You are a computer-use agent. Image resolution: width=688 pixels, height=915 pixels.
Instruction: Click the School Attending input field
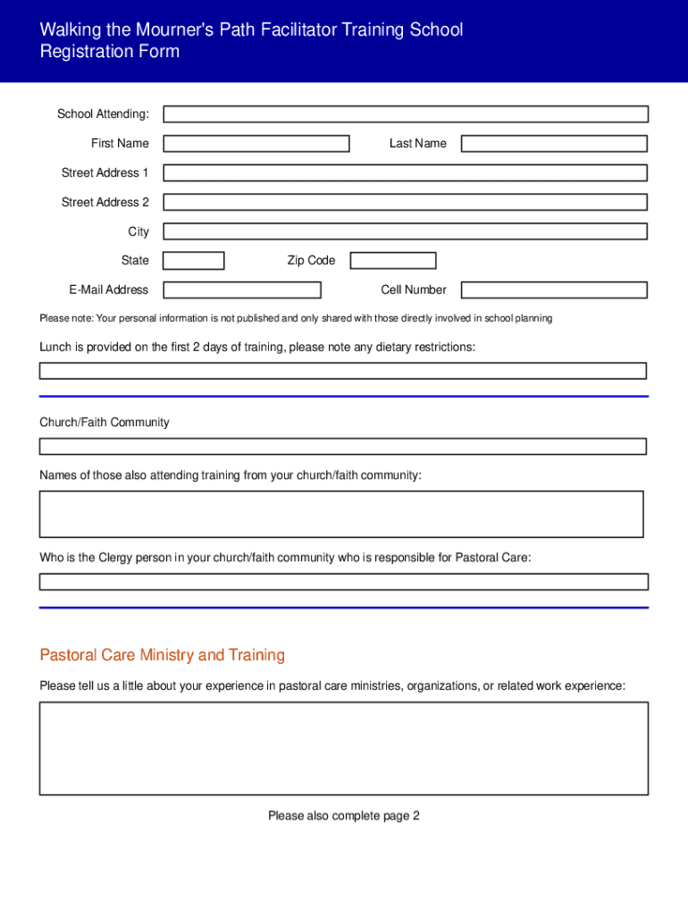405,114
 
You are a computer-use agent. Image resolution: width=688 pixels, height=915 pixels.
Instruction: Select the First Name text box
256,144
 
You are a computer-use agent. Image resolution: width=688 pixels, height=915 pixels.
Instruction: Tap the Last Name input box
553,144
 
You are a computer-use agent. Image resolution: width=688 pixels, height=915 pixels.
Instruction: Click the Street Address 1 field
405,173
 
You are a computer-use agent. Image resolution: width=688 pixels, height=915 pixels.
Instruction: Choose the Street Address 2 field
405,203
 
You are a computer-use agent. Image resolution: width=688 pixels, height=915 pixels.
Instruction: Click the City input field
405,231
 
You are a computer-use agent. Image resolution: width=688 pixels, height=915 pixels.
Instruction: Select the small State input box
193,261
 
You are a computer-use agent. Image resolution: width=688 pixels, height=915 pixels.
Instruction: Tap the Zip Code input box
392,261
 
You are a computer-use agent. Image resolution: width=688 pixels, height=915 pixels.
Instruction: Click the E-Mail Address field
241,290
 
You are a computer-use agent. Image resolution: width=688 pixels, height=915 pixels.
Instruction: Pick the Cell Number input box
553,290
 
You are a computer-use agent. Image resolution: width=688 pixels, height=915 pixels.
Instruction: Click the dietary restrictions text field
342,371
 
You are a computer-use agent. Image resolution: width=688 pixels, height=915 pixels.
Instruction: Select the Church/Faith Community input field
342,446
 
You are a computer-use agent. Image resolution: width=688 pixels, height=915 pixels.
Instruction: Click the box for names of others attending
340,514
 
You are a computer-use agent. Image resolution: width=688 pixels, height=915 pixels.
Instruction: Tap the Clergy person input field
343,582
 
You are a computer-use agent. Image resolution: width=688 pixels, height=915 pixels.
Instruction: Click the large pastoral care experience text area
343,748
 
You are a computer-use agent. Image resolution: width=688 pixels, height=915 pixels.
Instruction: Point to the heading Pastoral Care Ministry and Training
162,656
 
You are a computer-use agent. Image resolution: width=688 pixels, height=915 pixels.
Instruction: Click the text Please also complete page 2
343,816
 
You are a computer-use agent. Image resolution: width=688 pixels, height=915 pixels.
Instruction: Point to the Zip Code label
311,261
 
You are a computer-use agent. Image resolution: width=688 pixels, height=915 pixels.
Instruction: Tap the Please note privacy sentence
296,318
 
